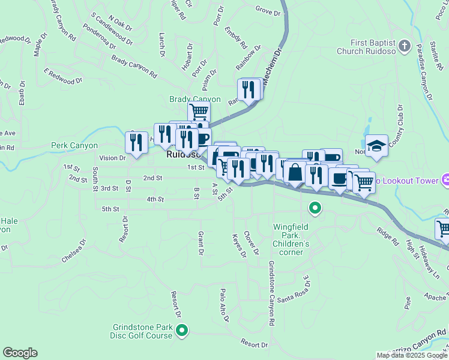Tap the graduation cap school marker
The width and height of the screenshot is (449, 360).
[x=376, y=146]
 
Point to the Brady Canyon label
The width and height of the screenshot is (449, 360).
[x=195, y=99]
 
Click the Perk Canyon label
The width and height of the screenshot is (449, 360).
[x=74, y=145]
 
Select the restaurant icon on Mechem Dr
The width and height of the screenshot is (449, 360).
[x=248, y=89]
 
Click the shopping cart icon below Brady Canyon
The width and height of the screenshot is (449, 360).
[x=199, y=111]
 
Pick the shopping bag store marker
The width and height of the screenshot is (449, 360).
[x=295, y=172]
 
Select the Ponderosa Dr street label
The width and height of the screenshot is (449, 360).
[x=101, y=47]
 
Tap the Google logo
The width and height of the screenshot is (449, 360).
[x=20, y=353]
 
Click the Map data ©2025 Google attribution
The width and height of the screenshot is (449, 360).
[x=412, y=355]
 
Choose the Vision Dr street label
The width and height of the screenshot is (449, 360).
[x=113, y=158]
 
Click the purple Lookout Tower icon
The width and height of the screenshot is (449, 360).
[x=445, y=179]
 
